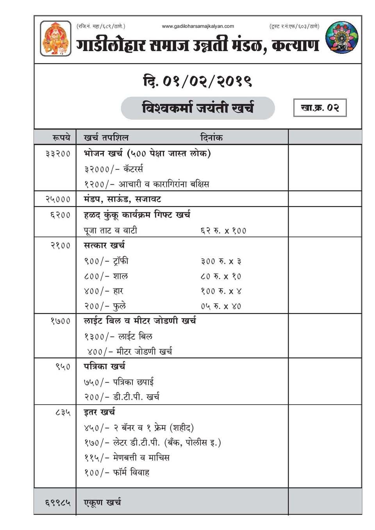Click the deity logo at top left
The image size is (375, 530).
(x=56, y=38)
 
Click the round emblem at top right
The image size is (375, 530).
(x=342, y=37)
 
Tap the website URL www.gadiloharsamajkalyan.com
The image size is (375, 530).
(x=198, y=26)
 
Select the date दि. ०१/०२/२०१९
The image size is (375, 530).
(x=198, y=81)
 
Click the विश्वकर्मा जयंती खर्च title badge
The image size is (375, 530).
(x=198, y=108)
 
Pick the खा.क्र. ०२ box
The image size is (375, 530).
(x=320, y=108)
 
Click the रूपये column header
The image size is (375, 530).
(x=61, y=137)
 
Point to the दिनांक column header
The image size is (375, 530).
(x=211, y=137)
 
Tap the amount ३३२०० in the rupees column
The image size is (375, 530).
(x=58, y=153)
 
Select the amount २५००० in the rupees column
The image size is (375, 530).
(x=58, y=199)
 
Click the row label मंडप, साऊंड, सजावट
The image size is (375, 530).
(x=122, y=199)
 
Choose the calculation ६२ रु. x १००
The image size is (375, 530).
(x=223, y=231)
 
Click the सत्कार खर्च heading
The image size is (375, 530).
(x=104, y=245)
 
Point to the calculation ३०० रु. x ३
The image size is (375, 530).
(x=221, y=261)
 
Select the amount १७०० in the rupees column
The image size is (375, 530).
(x=60, y=321)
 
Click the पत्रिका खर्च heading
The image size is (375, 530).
(x=105, y=366)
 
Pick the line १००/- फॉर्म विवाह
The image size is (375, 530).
(x=117, y=473)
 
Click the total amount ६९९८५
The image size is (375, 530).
(x=58, y=502)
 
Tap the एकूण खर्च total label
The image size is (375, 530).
(x=102, y=502)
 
